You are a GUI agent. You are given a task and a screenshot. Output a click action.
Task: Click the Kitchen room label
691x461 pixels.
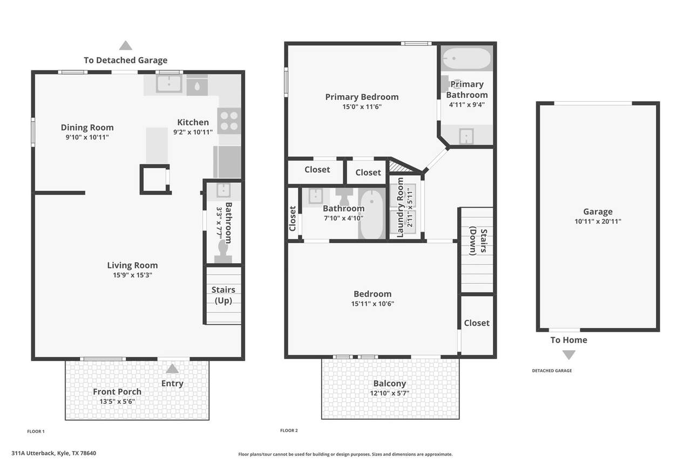193,122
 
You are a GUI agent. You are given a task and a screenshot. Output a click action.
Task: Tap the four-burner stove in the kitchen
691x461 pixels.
229,121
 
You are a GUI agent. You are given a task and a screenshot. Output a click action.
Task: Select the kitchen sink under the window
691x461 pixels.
168,83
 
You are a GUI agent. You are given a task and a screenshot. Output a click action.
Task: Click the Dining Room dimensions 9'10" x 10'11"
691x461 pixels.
87,137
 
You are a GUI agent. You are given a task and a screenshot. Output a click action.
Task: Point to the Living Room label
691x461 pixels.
132,265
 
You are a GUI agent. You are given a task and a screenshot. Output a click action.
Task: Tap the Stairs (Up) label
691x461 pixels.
223,295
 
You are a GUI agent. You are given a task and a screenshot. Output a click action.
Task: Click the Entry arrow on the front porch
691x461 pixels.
172,369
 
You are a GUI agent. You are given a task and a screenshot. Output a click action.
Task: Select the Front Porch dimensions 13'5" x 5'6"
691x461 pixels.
117,402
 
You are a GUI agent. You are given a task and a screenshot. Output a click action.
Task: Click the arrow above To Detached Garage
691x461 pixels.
126,45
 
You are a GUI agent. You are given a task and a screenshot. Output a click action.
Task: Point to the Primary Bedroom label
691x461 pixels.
362,97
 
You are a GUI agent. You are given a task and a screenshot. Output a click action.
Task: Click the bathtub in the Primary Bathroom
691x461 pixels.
466,58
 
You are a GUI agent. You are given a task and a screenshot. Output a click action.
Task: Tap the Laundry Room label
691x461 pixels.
400,207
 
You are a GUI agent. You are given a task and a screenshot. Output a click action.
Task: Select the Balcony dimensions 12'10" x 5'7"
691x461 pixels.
390,393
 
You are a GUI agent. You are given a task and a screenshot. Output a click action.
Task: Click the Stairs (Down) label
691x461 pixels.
478,241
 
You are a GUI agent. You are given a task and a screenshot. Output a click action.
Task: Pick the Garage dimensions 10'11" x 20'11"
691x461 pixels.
598,222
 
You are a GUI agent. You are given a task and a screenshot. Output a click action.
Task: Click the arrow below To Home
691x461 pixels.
569,355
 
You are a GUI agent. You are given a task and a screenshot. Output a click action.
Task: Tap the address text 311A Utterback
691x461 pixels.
33,453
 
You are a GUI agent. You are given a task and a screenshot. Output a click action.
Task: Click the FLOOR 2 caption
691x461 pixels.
289,430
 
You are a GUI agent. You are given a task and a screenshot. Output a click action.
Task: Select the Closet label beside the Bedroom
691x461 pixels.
477,323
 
